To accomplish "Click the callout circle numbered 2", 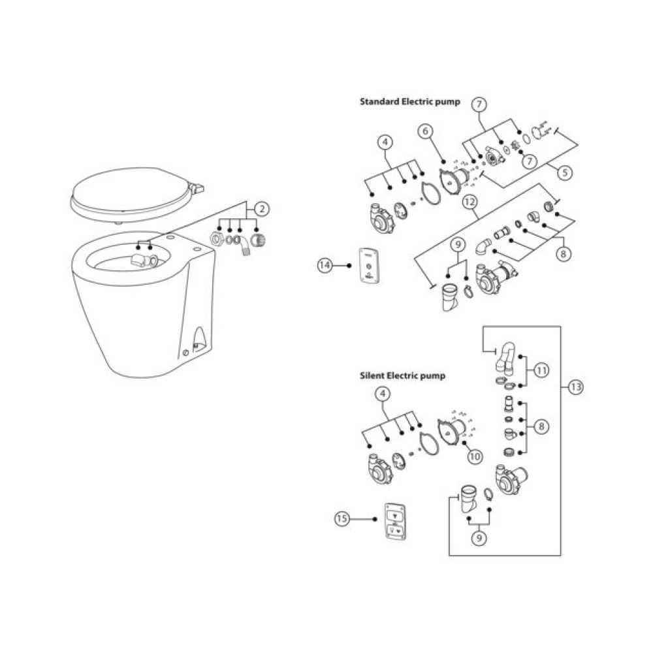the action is tap(262, 209).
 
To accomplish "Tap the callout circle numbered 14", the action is tap(325, 265).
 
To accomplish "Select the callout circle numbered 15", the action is tap(342, 519).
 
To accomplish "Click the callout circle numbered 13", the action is tap(575, 387).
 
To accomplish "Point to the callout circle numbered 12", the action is tap(470, 202).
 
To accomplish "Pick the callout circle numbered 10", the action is tap(475, 457).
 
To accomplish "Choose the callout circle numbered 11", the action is tap(541, 370).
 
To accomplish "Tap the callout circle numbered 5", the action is tap(565, 172).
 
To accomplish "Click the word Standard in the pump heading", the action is tap(379, 102).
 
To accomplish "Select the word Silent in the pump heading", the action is tap(372, 375).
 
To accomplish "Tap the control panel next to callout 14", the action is tap(369, 265).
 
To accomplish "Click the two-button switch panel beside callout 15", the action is tap(395, 521).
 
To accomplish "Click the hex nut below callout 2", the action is tap(215, 239).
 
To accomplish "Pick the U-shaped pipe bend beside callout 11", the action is tap(505, 357).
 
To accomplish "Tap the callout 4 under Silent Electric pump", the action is tap(383, 394).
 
